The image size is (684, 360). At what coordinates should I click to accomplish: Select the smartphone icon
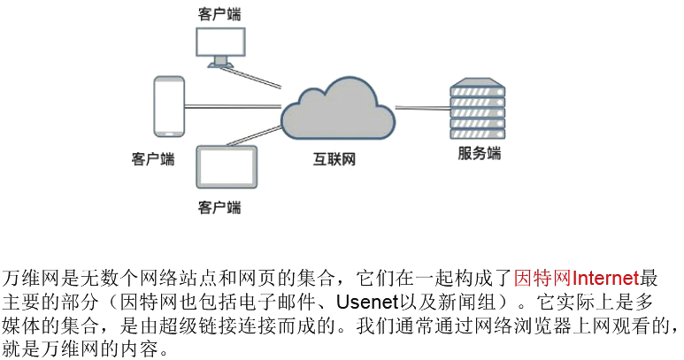(x=168, y=106)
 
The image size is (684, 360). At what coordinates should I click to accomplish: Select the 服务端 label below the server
(x=479, y=153)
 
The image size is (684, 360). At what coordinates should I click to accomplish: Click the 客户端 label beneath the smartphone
(x=152, y=159)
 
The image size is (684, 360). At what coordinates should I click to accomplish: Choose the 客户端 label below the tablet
(x=219, y=208)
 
